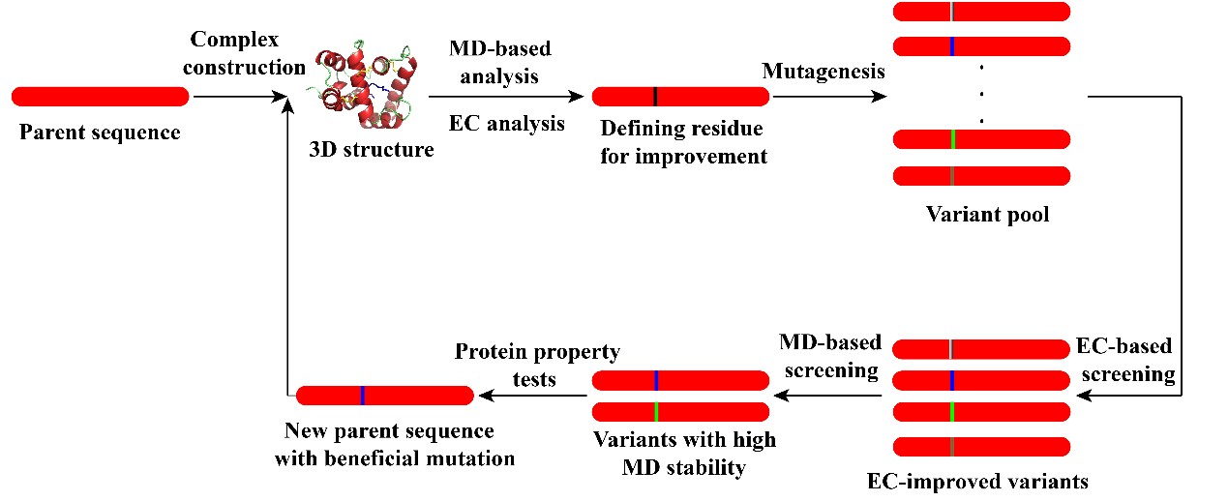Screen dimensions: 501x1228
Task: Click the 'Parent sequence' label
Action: tap(100, 133)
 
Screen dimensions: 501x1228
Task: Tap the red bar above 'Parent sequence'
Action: tap(100, 96)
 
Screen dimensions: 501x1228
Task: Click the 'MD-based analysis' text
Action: tap(500, 61)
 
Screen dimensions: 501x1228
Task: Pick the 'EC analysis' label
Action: tap(506, 123)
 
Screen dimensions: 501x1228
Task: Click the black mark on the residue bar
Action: tap(655, 96)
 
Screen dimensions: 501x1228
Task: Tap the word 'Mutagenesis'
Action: tap(824, 71)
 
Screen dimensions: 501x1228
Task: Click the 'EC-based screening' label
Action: tap(1124, 360)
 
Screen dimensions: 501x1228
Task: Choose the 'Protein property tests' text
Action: tap(537, 365)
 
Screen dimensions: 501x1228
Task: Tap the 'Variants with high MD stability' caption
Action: tap(684, 455)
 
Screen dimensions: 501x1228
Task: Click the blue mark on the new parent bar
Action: tap(362, 395)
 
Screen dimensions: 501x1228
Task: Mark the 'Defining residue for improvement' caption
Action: tap(683, 142)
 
